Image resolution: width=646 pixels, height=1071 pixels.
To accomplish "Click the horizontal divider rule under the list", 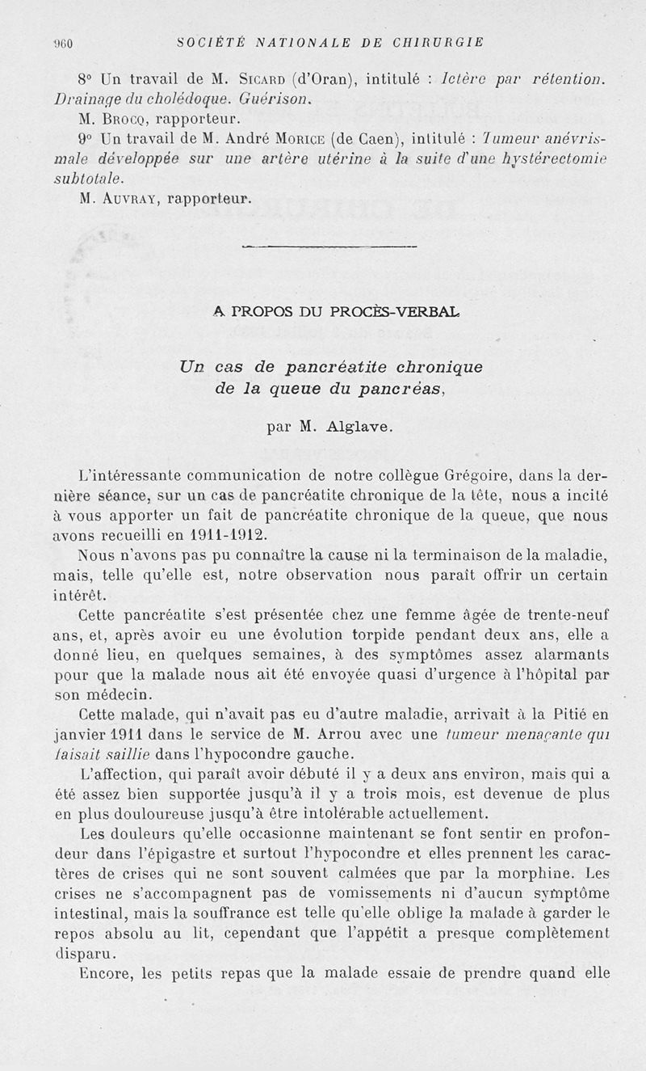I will click(329, 246).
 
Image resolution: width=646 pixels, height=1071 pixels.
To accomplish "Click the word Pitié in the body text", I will click(573, 714).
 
